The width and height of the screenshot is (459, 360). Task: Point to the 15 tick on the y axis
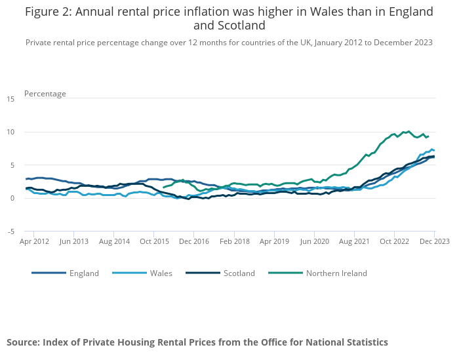[x=10, y=99]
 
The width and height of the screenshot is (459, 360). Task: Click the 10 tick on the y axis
[x=10, y=132]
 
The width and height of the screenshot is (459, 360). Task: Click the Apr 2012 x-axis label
[x=34, y=241]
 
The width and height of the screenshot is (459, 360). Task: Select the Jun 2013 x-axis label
[x=74, y=241]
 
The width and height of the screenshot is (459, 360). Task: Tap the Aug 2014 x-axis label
[x=114, y=241]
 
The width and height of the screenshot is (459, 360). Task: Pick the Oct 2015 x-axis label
[x=154, y=241]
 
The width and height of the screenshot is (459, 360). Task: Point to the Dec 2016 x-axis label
[x=194, y=241]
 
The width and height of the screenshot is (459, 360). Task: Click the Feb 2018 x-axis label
[x=234, y=241]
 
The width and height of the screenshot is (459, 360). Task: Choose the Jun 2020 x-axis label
[x=314, y=241]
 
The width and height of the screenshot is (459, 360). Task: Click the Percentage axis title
[x=45, y=94]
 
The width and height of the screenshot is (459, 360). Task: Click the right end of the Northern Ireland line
[x=428, y=136]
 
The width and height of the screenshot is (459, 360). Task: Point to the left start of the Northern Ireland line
[x=163, y=188]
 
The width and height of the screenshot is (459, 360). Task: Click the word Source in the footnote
[x=23, y=342]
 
